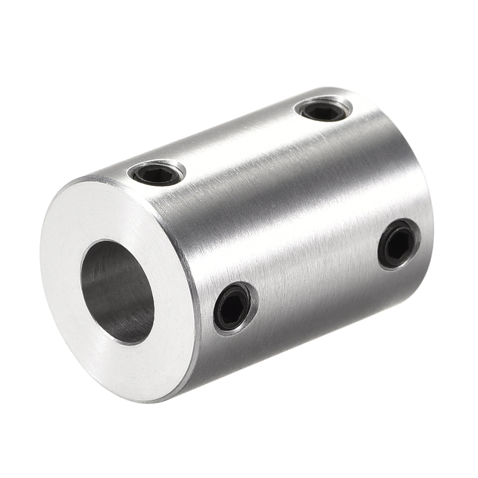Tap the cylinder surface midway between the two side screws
click(317, 274)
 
